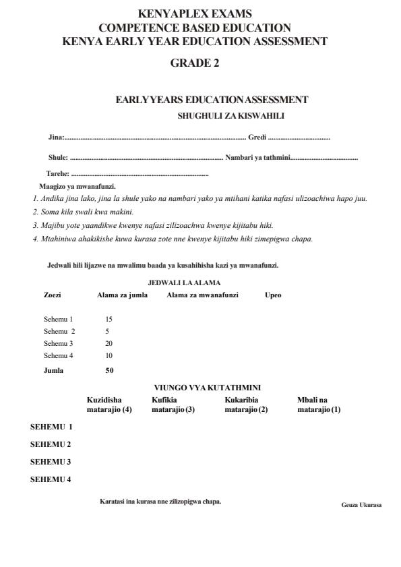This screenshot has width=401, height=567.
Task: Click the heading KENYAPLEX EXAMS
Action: pyautogui.click(x=195, y=13)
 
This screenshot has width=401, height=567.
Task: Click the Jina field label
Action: pyautogui.click(x=56, y=138)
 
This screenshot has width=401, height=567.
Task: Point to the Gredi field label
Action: pyautogui.click(x=257, y=138)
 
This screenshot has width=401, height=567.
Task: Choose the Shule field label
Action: pyautogui.click(x=59, y=158)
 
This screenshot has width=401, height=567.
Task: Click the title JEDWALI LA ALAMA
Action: pyautogui.click(x=184, y=282)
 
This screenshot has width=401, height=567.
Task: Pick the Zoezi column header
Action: pyautogui.click(x=53, y=295)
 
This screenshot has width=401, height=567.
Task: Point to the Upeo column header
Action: pyautogui.click(x=273, y=295)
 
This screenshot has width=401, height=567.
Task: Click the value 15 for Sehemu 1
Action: pyautogui.click(x=109, y=318)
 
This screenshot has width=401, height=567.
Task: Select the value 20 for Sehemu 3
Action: pyautogui.click(x=109, y=343)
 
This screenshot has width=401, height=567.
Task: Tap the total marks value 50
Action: pyautogui.click(x=110, y=370)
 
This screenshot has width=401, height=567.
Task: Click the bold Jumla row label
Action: pyautogui.click(x=54, y=370)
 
